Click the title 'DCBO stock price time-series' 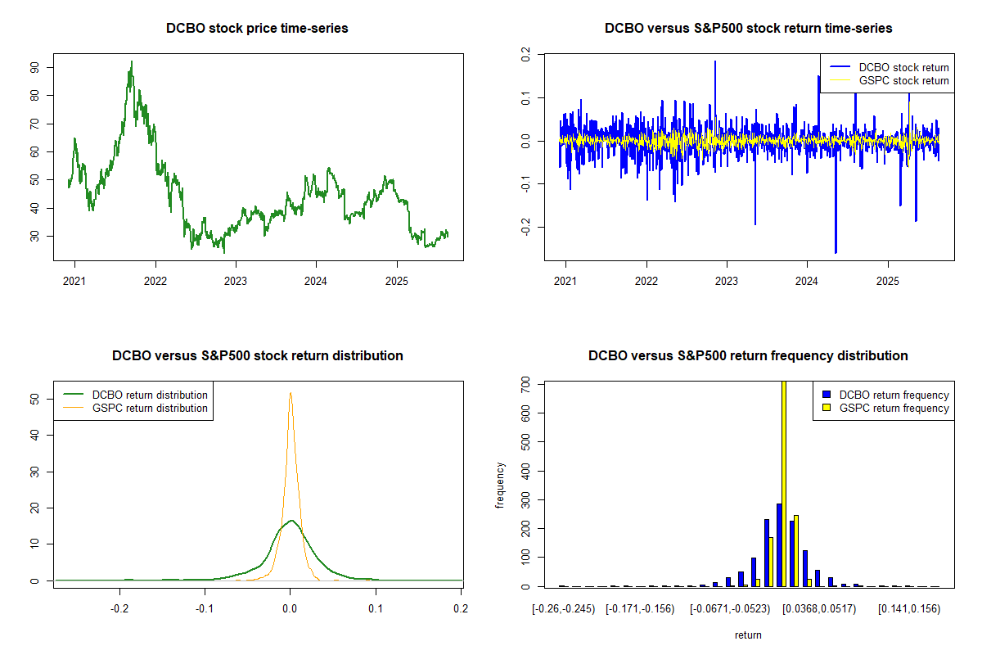[257, 29]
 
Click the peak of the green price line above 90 [131, 61]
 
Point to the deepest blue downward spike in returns [836, 252]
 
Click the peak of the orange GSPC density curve [290, 393]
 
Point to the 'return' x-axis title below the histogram [748, 635]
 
